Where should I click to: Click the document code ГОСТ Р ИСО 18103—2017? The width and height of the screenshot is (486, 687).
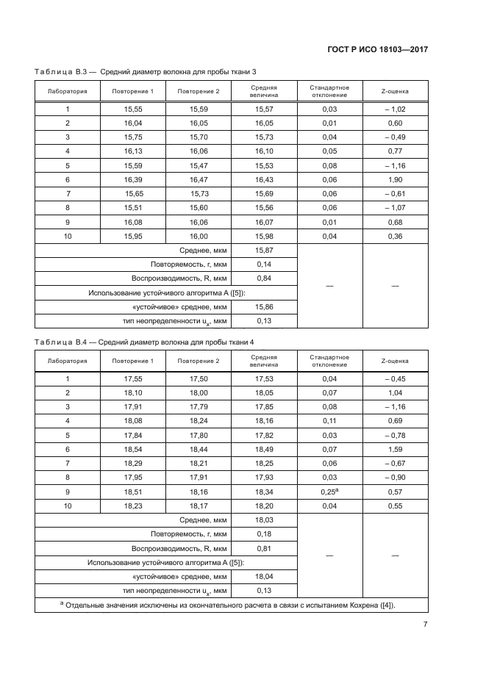377,49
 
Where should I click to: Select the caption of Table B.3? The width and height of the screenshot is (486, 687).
146,71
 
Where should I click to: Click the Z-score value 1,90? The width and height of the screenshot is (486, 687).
395,179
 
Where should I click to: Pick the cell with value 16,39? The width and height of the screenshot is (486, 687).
133,179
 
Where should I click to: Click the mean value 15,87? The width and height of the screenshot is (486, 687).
264,251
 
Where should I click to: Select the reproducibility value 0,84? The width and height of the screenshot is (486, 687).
264,279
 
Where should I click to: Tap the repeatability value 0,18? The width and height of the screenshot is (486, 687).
264,535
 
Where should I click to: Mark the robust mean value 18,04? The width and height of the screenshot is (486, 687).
264,577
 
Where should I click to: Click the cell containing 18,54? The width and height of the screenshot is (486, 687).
133,448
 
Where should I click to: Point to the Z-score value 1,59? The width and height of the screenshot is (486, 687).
395,448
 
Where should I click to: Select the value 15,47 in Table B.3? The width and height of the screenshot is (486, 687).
199,165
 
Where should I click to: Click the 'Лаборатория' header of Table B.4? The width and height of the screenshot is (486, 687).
68,361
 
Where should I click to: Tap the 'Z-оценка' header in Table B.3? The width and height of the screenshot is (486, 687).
395,91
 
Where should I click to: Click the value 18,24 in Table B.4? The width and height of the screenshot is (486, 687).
199,420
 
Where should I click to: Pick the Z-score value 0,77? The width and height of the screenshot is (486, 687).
395,151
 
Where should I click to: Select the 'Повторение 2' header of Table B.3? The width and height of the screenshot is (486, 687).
199,91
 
